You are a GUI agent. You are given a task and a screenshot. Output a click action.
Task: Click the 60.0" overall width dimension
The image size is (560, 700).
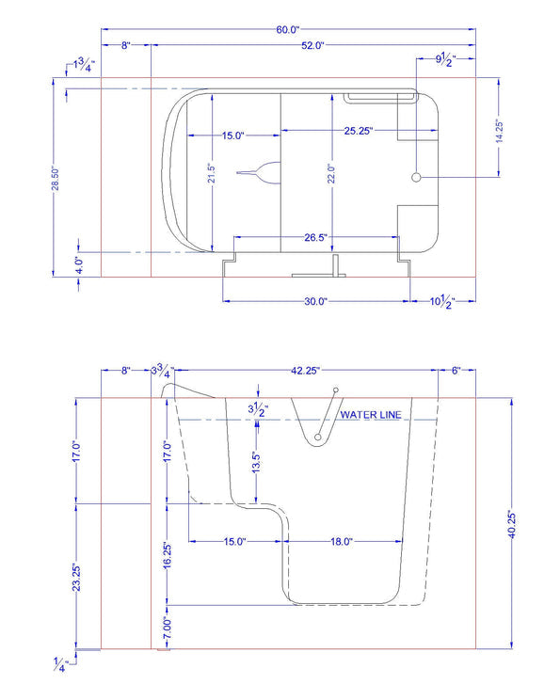tap(287, 30)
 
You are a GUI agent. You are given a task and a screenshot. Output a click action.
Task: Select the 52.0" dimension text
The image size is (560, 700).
tap(312, 45)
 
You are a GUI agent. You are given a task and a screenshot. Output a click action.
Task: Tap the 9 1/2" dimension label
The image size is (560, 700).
tap(446, 59)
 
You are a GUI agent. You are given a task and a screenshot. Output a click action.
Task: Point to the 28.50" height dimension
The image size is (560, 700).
tap(56, 179)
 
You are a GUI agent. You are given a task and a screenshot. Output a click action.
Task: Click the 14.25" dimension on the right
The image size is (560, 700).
tap(499, 132)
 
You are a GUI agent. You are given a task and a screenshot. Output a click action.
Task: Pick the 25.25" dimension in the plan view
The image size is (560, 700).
tap(359, 131)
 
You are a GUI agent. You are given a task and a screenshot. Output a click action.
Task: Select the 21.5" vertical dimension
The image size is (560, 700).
tap(212, 173)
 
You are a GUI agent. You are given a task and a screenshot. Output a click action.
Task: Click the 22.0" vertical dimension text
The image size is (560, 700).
tap(331, 174)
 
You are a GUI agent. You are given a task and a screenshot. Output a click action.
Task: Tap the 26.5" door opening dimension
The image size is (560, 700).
tap(315, 237)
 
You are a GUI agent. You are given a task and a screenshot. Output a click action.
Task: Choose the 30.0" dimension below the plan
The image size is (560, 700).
tap(315, 301)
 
